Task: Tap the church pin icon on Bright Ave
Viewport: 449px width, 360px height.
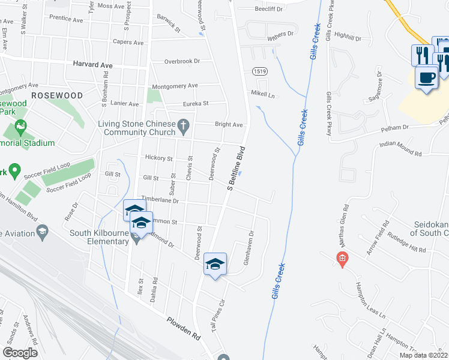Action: [x=185, y=125]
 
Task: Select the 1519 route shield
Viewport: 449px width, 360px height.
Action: [x=259, y=71]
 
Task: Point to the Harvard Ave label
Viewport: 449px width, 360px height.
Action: [x=93, y=64]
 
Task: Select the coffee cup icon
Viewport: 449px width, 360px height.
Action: [x=426, y=79]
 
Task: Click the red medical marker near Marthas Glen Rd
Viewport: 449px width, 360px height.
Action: [x=342, y=260]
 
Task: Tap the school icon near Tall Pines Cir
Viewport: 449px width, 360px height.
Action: [x=215, y=263]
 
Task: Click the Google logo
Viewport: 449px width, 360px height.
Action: [x=20, y=353]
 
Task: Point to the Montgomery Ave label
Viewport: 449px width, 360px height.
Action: [x=175, y=86]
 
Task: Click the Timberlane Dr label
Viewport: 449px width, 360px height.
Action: [x=160, y=201]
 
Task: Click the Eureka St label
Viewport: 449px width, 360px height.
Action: [x=195, y=103]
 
